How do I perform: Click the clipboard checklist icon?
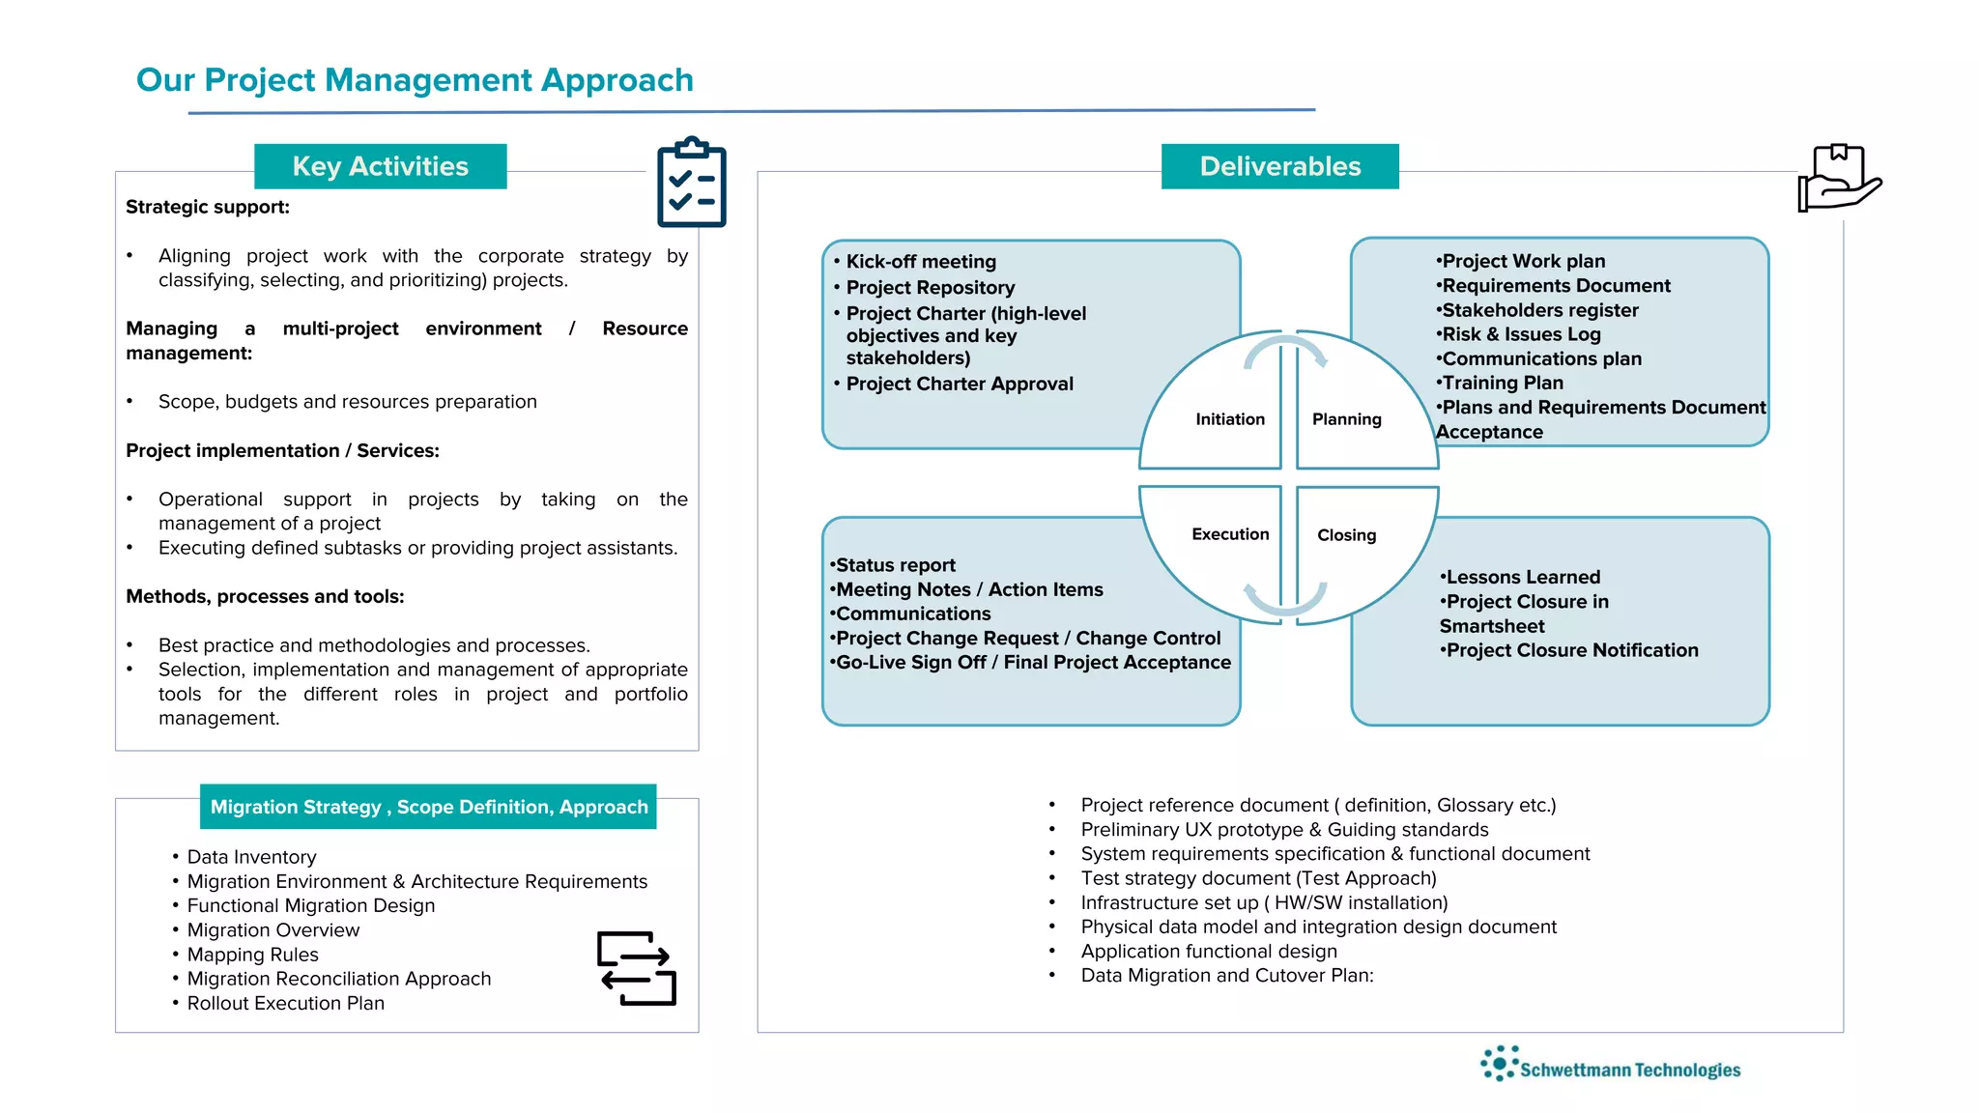point(691,183)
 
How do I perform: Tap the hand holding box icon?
point(1838,178)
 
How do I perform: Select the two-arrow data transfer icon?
point(636,968)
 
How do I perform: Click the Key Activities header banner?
point(380,166)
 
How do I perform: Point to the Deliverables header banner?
point(1279,166)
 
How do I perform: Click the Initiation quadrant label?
point(1229,419)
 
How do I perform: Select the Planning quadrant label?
point(1346,419)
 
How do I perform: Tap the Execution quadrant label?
point(1230,534)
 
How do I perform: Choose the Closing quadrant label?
point(1346,535)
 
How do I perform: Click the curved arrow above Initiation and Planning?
point(1285,350)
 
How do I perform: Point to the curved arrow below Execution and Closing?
point(1284,600)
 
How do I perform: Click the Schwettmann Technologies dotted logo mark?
point(1499,1063)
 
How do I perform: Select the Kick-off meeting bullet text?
point(920,262)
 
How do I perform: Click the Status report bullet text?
point(895,565)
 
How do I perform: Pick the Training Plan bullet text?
point(1502,383)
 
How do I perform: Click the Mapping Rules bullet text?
point(252,955)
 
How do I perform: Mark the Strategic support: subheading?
point(208,207)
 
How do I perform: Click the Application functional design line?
point(1209,951)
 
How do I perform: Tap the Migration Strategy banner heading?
point(428,807)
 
